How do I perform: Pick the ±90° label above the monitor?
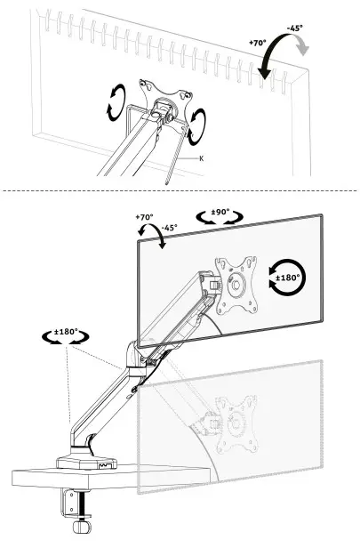click(x=217, y=214)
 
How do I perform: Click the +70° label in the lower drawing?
click(x=144, y=216)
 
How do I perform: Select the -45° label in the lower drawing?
click(x=168, y=227)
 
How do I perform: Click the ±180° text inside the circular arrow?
click(x=289, y=278)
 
